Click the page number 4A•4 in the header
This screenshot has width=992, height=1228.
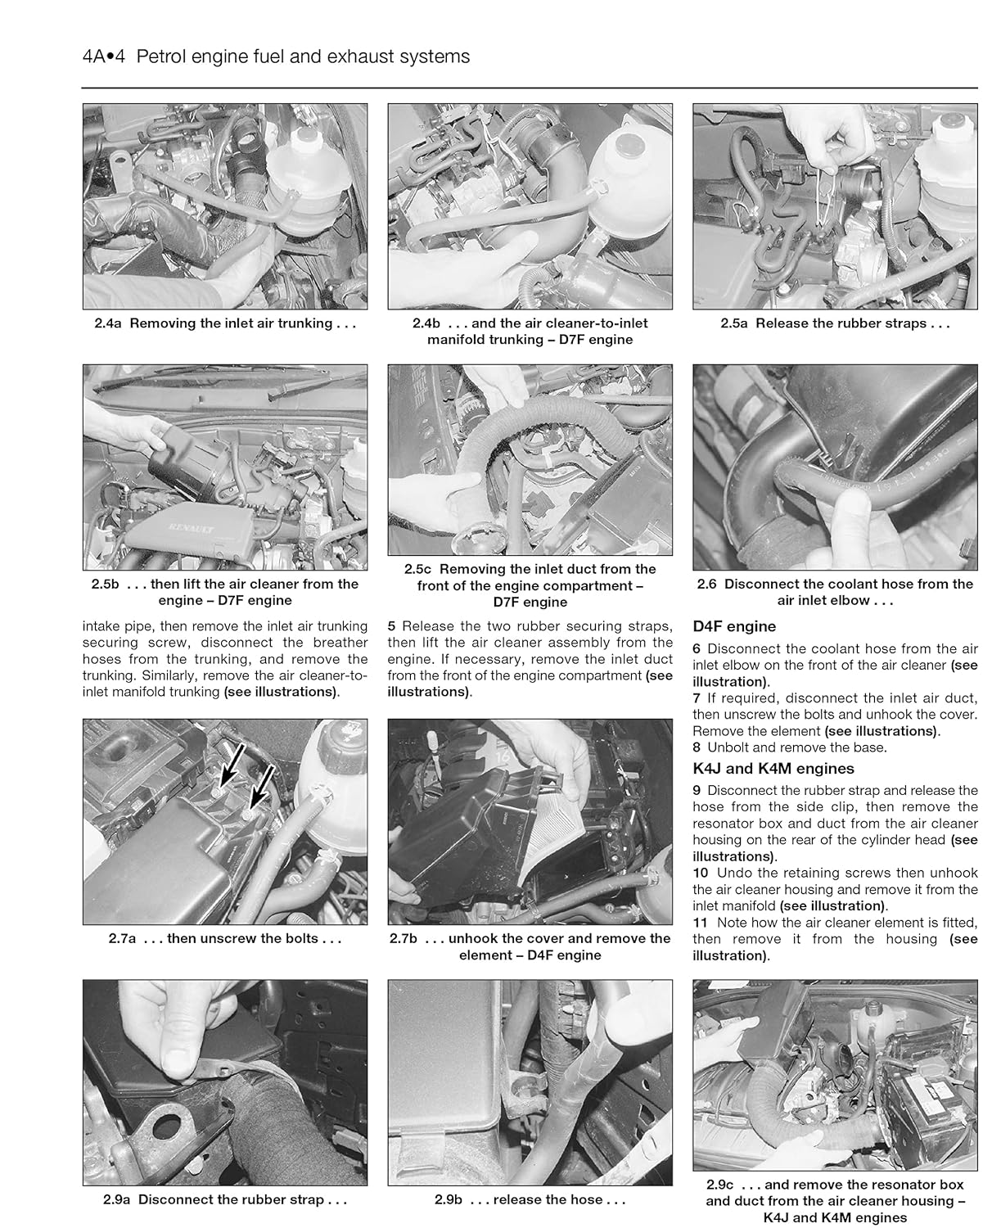103,56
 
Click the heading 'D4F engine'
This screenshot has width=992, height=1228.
733,626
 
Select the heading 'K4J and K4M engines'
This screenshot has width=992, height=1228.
773,769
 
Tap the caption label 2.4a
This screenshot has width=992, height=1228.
108,323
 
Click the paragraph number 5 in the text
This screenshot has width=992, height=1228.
391,626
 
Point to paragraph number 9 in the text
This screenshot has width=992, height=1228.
697,791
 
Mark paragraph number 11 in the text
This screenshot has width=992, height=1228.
700,923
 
